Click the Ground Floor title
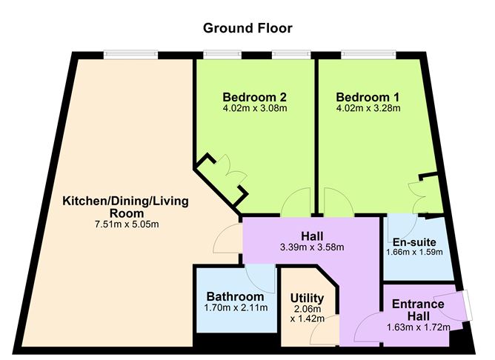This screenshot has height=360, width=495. coord(247,28)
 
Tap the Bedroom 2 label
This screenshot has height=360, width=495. coord(255,96)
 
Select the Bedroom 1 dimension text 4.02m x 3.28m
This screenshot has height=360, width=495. coord(368,108)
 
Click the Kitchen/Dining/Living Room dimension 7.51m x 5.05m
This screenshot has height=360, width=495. coord(125,222)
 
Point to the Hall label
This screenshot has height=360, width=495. coord(311,236)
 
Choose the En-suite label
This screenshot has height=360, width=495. coord(414,241)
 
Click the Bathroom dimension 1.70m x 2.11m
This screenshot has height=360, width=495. coord(236,308)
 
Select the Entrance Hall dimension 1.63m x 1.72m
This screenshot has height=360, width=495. coord(418,327)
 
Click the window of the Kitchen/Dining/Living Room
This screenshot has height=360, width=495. coord(130,53)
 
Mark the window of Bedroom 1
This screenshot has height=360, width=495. coord(368,53)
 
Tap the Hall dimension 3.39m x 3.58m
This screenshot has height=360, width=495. coord(311,247)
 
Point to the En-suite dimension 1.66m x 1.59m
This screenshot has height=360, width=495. coord(414,253)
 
